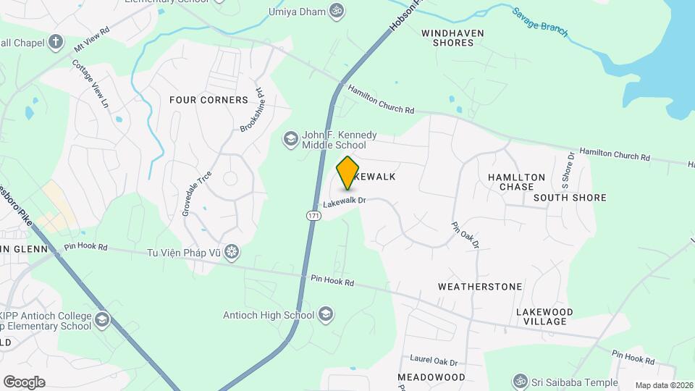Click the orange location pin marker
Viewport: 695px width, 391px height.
348,172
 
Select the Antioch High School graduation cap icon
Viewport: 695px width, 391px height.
326,314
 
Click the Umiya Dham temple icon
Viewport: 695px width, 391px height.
335,11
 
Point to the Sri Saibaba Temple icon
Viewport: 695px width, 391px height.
518,381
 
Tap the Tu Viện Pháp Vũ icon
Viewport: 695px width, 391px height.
231,252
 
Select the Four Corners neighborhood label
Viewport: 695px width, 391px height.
199,99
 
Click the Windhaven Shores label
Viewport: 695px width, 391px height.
453,38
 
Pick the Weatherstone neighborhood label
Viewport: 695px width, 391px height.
479,287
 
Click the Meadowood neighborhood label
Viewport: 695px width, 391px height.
431,377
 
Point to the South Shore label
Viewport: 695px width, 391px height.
570,198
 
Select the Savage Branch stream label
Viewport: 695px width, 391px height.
540,22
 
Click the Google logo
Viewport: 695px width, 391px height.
24,382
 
